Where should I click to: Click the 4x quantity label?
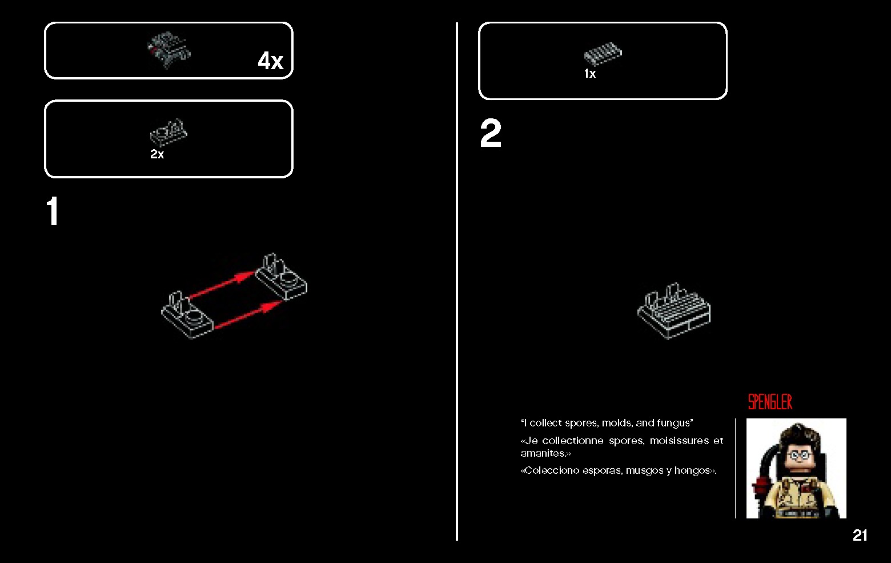pyautogui.click(x=271, y=61)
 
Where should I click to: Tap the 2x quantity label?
pyautogui.click(x=157, y=154)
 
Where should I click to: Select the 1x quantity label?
pyautogui.click(x=590, y=74)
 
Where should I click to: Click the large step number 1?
pyautogui.click(x=53, y=211)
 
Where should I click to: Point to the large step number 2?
pyautogui.click(x=491, y=133)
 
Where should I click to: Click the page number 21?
pyautogui.click(x=860, y=535)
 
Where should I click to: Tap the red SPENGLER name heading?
pyautogui.click(x=770, y=402)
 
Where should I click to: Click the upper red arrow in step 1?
pyautogui.click(x=221, y=285)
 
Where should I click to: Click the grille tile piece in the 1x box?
pyautogui.click(x=603, y=54)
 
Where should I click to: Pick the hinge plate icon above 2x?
pyautogui.click(x=168, y=133)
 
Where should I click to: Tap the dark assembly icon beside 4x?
pyautogui.click(x=168, y=50)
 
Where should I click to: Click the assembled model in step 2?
pyautogui.click(x=674, y=311)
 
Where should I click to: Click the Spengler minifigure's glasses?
pyautogui.click(x=798, y=455)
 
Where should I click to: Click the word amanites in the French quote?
pyautogui.click(x=545, y=453)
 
